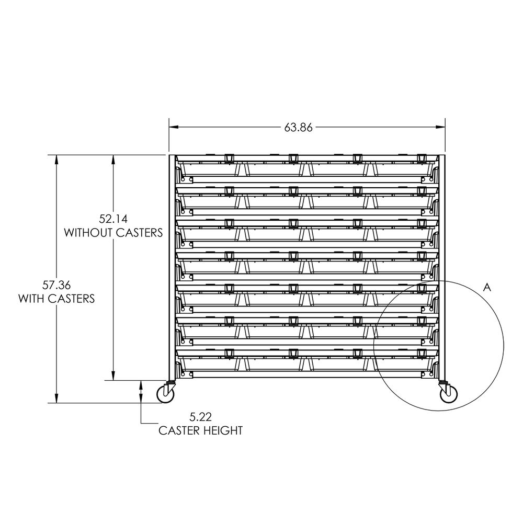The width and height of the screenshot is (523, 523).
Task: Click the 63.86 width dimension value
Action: pyautogui.click(x=299, y=127)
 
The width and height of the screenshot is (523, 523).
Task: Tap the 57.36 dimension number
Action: pyautogui.click(x=56, y=286)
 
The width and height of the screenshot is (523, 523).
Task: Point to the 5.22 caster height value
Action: pyautogui.click(x=200, y=417)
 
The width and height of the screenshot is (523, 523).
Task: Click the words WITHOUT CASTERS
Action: pyautogui.click(x=113, y=232)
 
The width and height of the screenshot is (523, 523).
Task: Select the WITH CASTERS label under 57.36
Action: pyautogui.click(x=56, y=299)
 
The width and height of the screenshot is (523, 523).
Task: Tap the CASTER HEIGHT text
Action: pyautogui.click(x=200, y=431)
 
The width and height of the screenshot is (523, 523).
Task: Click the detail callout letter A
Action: pyautogui.click(x=487, y=287)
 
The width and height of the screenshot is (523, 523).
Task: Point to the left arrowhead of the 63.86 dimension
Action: pyautogui.click(x=173, y=127)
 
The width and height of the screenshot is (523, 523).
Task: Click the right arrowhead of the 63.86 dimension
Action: pyautogui.click(x=441, y=127)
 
